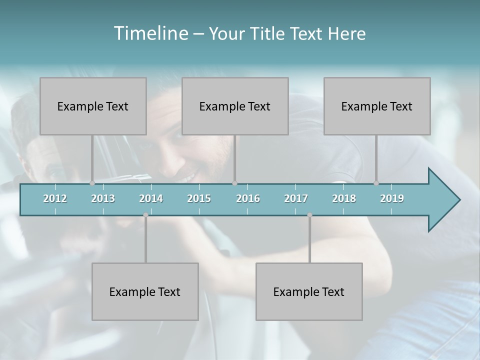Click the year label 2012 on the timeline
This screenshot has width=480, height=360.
pos(55,198)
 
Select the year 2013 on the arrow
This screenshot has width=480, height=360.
pos(103,198)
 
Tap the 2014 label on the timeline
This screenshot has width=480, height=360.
pos(151,198)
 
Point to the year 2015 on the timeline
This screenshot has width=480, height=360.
pos(199,198)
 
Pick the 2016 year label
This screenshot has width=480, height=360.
pos(248,198)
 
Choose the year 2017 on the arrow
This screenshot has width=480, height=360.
pos(296,198)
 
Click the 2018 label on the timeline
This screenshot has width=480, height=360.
pos(344,198)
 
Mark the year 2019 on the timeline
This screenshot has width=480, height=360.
pos(392,198)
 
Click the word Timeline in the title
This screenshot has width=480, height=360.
pos(149,33)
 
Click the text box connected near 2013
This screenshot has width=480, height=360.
pos(93,106)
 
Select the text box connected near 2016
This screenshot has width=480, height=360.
pos(235,106)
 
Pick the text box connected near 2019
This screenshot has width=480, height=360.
pos(377,106)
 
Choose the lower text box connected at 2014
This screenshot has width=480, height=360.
pos(145,291)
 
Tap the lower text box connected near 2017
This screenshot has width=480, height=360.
pos(309,291)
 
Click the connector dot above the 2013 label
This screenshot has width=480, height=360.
pos(92,183)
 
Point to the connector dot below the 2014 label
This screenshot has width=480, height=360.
pos(145,215)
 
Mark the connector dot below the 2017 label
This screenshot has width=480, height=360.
pos(309,215)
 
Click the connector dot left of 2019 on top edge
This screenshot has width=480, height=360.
pos(376,183)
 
